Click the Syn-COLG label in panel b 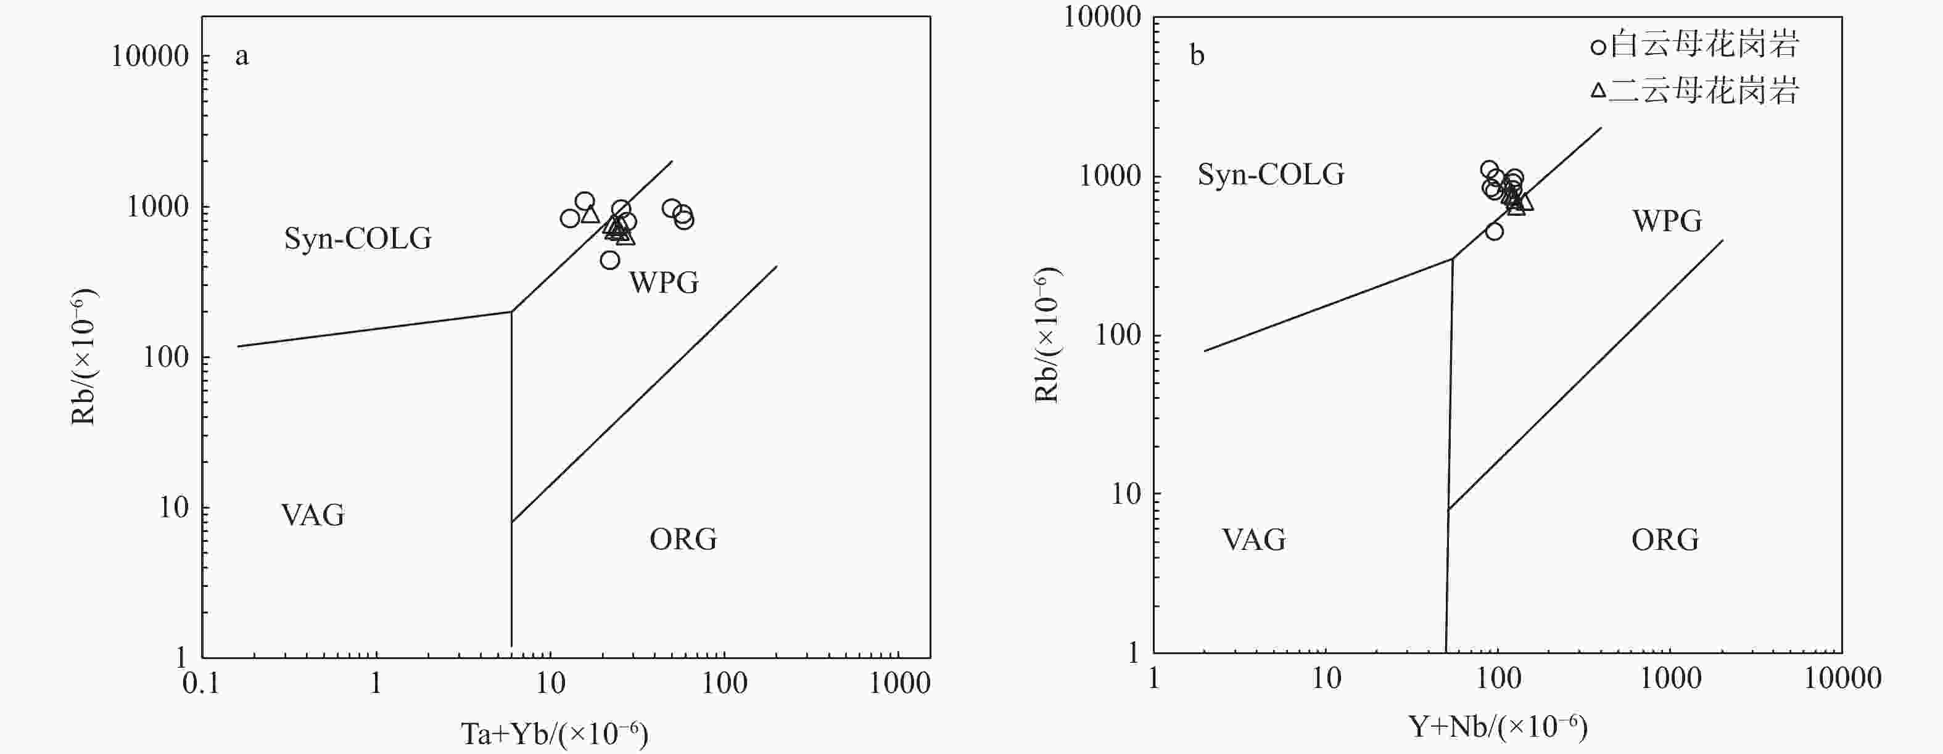1271,175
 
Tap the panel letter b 1197,56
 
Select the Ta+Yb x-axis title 555,734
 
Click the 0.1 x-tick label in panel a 201,684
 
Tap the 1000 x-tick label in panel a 900,684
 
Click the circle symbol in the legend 1598,47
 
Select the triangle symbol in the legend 1598,91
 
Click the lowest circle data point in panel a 610,260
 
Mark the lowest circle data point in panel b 1494,231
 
